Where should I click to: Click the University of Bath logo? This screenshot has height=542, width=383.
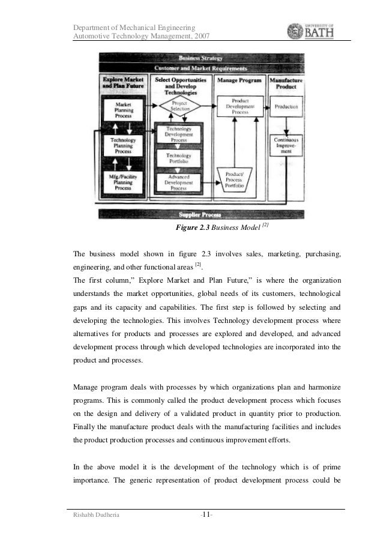pyautogui.click(x=312, y=31)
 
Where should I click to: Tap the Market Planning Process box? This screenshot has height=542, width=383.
pyautogui.click(x=123, y=109)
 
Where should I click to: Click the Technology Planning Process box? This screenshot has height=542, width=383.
pyautogui.click(x=123, y=145)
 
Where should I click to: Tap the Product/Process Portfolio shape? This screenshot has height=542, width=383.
pyautogui.click(x=237, y=179)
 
